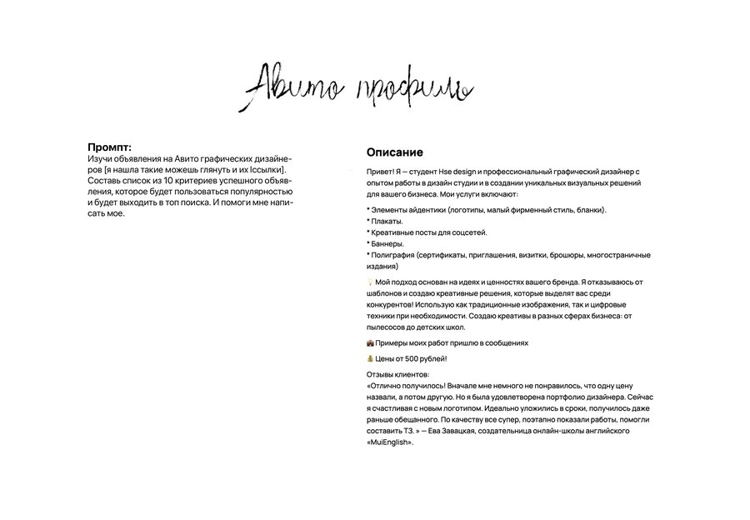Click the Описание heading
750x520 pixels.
pyautogui.click(x=394, y=152)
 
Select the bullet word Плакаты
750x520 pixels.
pyautogui.click(x=387, y=221)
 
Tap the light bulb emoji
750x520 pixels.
pyautogui.click(x=370, y=282)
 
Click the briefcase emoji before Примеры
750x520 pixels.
pyautogui.click(x=370, y=342)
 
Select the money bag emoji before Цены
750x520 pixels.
pyautogui.click(x=370, y=358)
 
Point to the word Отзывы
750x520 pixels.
pyautogui.click(x=382, y=375)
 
